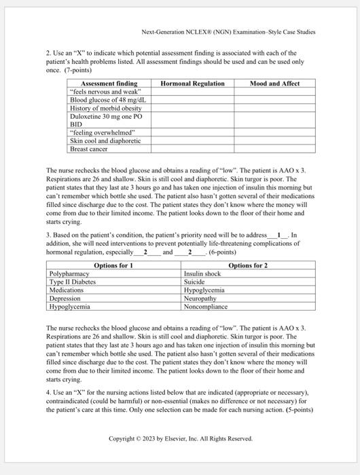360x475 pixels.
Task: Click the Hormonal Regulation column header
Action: coord(192,83)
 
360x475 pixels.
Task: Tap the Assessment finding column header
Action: coord(109,83)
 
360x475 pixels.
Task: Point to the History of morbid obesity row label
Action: coord(105,108)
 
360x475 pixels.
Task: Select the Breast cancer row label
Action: coord(89,149)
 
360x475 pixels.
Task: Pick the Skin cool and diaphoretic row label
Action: coord(105,140)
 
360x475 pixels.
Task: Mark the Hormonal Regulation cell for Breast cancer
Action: coord(192,149)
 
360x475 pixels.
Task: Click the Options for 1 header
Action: coord(113,265)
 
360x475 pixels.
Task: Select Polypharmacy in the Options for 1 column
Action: coord(69,274)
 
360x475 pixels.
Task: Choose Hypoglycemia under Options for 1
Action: coord(70,307)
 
